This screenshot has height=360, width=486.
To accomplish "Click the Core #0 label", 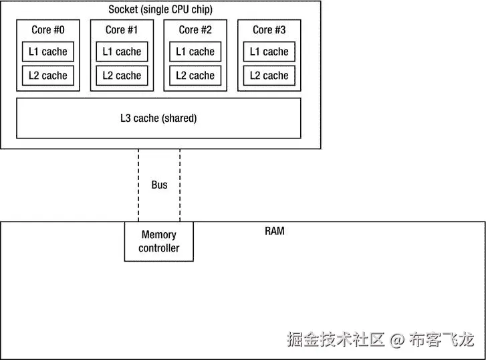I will click(48, 29).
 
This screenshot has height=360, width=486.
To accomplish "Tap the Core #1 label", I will click(122, 29).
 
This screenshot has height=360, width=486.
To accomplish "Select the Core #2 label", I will click(195, 29).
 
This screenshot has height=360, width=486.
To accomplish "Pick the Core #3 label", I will click(269, 29).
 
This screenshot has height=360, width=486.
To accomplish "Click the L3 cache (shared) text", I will click(158, 118).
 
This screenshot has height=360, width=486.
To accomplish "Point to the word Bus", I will click(159, 185).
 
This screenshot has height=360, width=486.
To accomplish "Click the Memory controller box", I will click(159, 242).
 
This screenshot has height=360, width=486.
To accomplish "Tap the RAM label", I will click(274, 232).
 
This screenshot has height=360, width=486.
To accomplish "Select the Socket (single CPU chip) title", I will click(160, 9).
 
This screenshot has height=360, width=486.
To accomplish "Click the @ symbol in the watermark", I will click(397, 341).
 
